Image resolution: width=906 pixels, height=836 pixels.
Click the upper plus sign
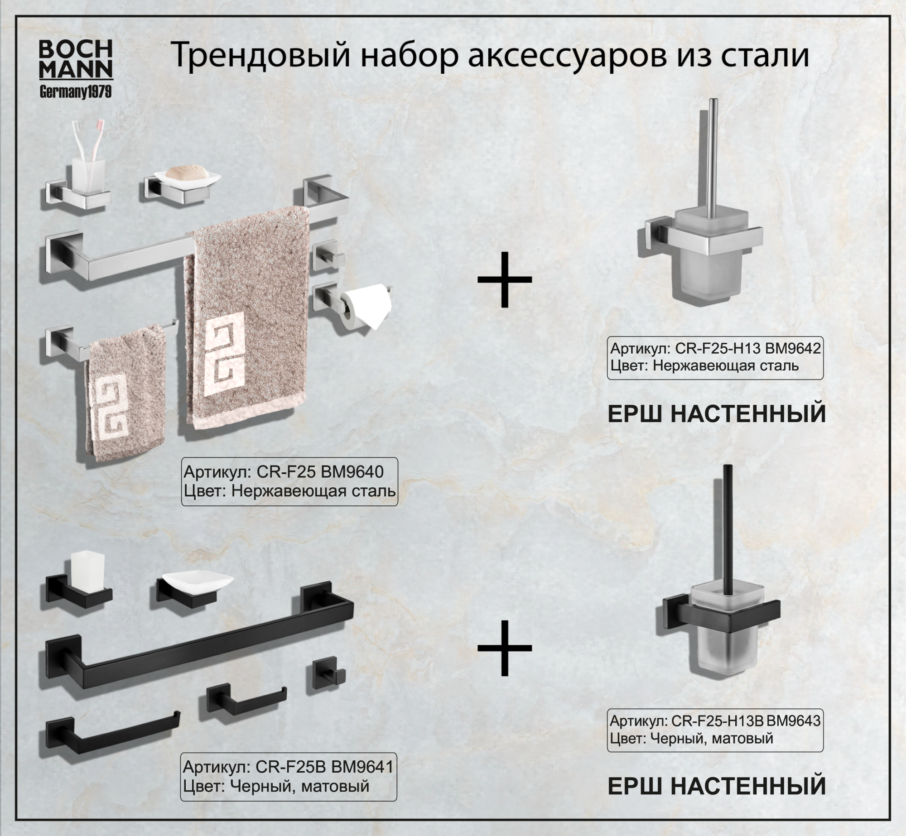point(504,279)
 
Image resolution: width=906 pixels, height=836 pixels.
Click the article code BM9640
point(352,472)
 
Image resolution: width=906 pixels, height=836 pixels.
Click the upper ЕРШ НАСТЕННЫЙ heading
point(716,413)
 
